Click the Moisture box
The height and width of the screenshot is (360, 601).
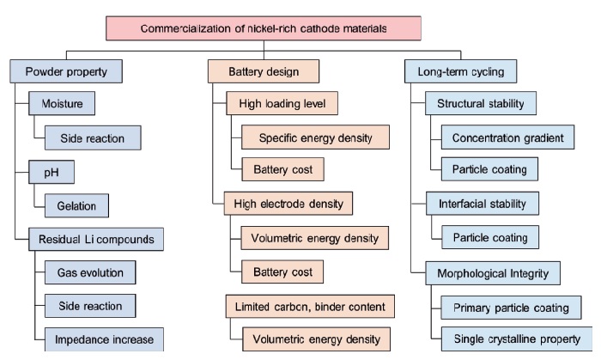61,105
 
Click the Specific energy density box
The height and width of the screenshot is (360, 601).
315,138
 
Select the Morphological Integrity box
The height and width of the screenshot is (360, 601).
493,273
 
